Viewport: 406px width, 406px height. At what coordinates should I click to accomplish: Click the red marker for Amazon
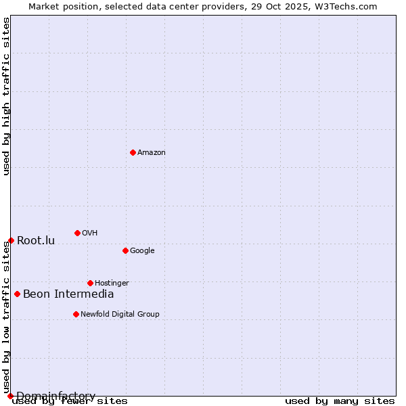(x=133, y=152)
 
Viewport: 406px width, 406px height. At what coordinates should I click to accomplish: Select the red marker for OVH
(x=77, y=233)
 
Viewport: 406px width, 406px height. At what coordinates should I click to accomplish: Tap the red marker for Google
(x=125, y=250)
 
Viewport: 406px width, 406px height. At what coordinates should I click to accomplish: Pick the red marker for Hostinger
(x=90, y=283)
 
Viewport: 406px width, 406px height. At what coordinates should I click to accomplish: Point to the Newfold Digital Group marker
(x=76, y=314)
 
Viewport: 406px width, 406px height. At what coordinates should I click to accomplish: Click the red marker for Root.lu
(x=11, y=240)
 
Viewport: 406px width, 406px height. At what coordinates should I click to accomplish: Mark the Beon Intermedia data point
(x=17, y=294)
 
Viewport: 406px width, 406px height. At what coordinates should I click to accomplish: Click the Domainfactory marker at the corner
(x=10, y=396)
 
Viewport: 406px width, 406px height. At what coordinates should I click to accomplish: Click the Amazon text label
(x=152, y=153)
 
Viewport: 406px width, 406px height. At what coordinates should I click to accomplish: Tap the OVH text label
(x=90, y=233)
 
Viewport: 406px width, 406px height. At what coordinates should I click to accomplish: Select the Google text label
(x=142, y=251)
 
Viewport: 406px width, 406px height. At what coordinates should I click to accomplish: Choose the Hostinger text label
(x=112, y=284)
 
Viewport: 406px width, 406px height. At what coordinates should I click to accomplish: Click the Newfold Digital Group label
(x=120, y=315)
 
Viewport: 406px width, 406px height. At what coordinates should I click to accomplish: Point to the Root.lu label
(x=36, y=241)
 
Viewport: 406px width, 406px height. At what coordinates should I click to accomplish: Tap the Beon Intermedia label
(x=68, y=294)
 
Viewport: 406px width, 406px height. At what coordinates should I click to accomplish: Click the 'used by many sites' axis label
(x=340, y=401)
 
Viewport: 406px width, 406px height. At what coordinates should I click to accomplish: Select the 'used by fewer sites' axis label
(x=70, y=401)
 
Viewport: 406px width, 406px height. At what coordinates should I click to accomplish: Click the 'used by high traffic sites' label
(x=7, y=96)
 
